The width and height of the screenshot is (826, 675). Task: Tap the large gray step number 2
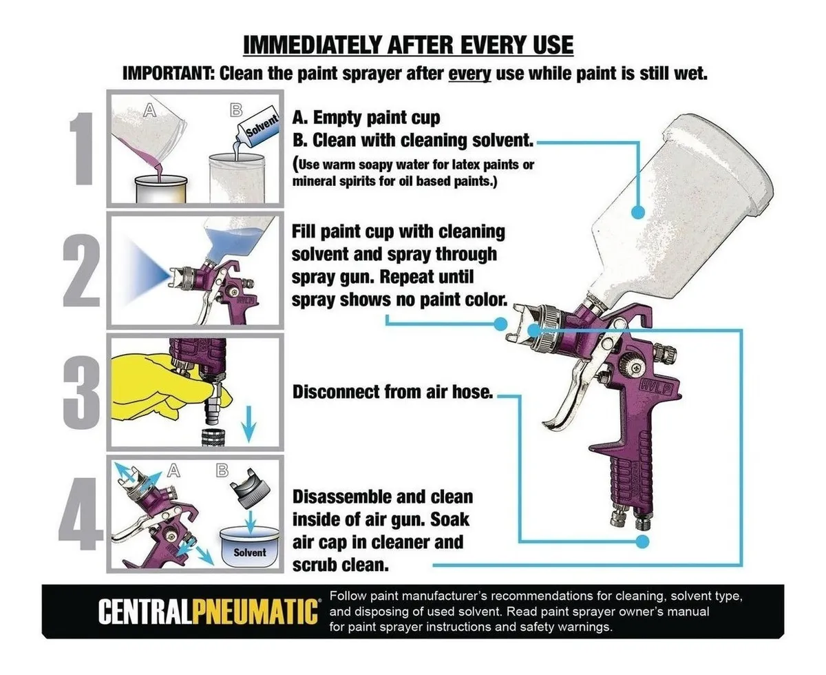tap(81, 270)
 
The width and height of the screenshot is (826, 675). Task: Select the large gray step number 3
tap(81, 393)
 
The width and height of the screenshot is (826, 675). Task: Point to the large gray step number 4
tap(81, 514)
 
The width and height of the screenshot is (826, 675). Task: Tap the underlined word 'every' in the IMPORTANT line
tap(469, 74)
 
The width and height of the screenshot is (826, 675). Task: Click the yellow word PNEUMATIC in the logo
tap(255, 612)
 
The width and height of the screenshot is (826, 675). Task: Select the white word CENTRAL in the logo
tap(145, 612)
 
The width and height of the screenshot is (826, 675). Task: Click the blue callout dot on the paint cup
tap(638, 212)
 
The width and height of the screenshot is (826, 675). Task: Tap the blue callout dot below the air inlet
tap(642, 542)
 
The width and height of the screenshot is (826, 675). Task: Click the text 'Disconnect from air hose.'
tap(392, 392)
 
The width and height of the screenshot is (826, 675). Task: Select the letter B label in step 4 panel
tap(222, 470)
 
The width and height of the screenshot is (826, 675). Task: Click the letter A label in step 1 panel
tap(150, 110)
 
